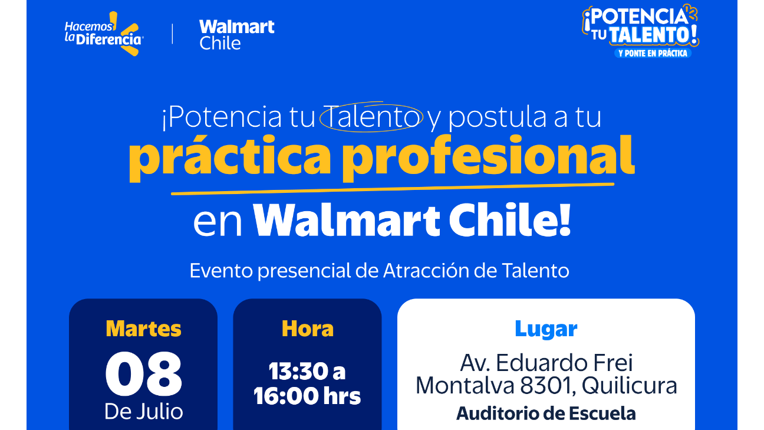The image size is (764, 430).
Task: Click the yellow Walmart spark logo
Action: [127, 34]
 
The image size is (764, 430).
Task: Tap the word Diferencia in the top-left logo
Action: [108, 40]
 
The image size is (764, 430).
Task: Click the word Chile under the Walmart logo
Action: [220, 43]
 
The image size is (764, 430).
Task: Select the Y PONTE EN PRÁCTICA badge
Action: [653, 53]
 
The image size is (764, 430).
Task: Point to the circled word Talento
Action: [371, 117]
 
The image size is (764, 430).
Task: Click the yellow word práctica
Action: [229, 157]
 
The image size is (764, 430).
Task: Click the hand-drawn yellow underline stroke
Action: [392, 189]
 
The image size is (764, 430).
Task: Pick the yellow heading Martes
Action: [143, 329]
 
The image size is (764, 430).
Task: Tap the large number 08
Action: [143, 374]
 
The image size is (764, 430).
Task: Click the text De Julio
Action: [144, 412]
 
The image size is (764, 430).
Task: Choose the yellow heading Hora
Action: [307, 329]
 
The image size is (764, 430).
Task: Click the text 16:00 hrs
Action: [307, 396]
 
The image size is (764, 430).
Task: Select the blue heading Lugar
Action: [546, 330]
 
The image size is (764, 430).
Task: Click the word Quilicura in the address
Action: [629, 386]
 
